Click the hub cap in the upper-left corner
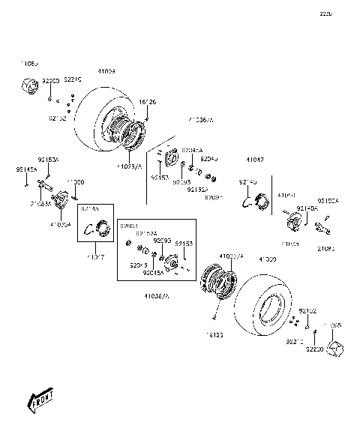pyautogui.click(x=28, y=88)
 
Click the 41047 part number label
pyautogui.click(x=255, y=160)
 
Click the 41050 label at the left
pyautogui.click(x=75, y=182)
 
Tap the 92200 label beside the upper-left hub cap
pyautogui.click(x=49, y=79)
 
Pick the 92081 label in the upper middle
pyautogui.click(x=213, y=196)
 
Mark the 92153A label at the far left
pyautogui.click(x=49, y=160)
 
